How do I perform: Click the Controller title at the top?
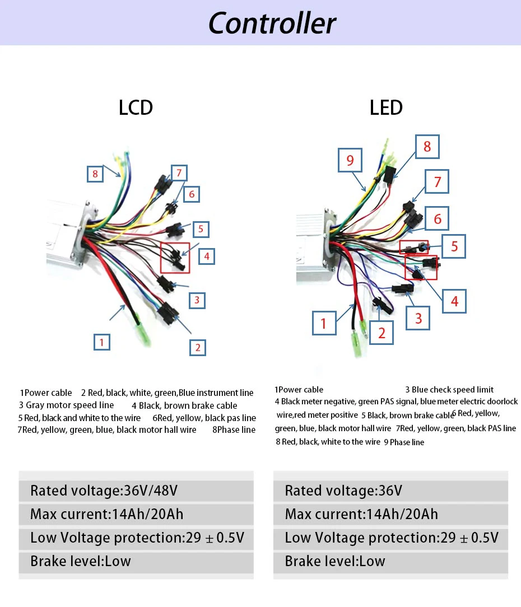coord(272,23)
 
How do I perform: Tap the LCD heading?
coord(136,108)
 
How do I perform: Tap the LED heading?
coord(386,108)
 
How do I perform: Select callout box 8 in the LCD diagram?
coord(95,174)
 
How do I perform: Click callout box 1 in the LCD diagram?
coord(101,342)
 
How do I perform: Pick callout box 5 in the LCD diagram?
coord(200,229)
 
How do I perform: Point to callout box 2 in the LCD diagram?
coord(197,347)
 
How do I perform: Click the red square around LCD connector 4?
coord(175,258)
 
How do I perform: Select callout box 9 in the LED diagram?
coord(350,161)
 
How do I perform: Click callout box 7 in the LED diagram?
coord(438,181)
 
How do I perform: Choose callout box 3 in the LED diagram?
coord(418,319)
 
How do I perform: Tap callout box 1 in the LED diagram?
coord(323,323)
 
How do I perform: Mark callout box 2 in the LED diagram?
coord(382,333)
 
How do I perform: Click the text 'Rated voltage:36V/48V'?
coord(104,491)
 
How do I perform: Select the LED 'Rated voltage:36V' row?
coord(343,491)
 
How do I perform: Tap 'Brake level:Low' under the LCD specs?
coord(81,561)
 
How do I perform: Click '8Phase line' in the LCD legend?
coord(234,430)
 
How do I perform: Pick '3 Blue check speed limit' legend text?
coord(449,390)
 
